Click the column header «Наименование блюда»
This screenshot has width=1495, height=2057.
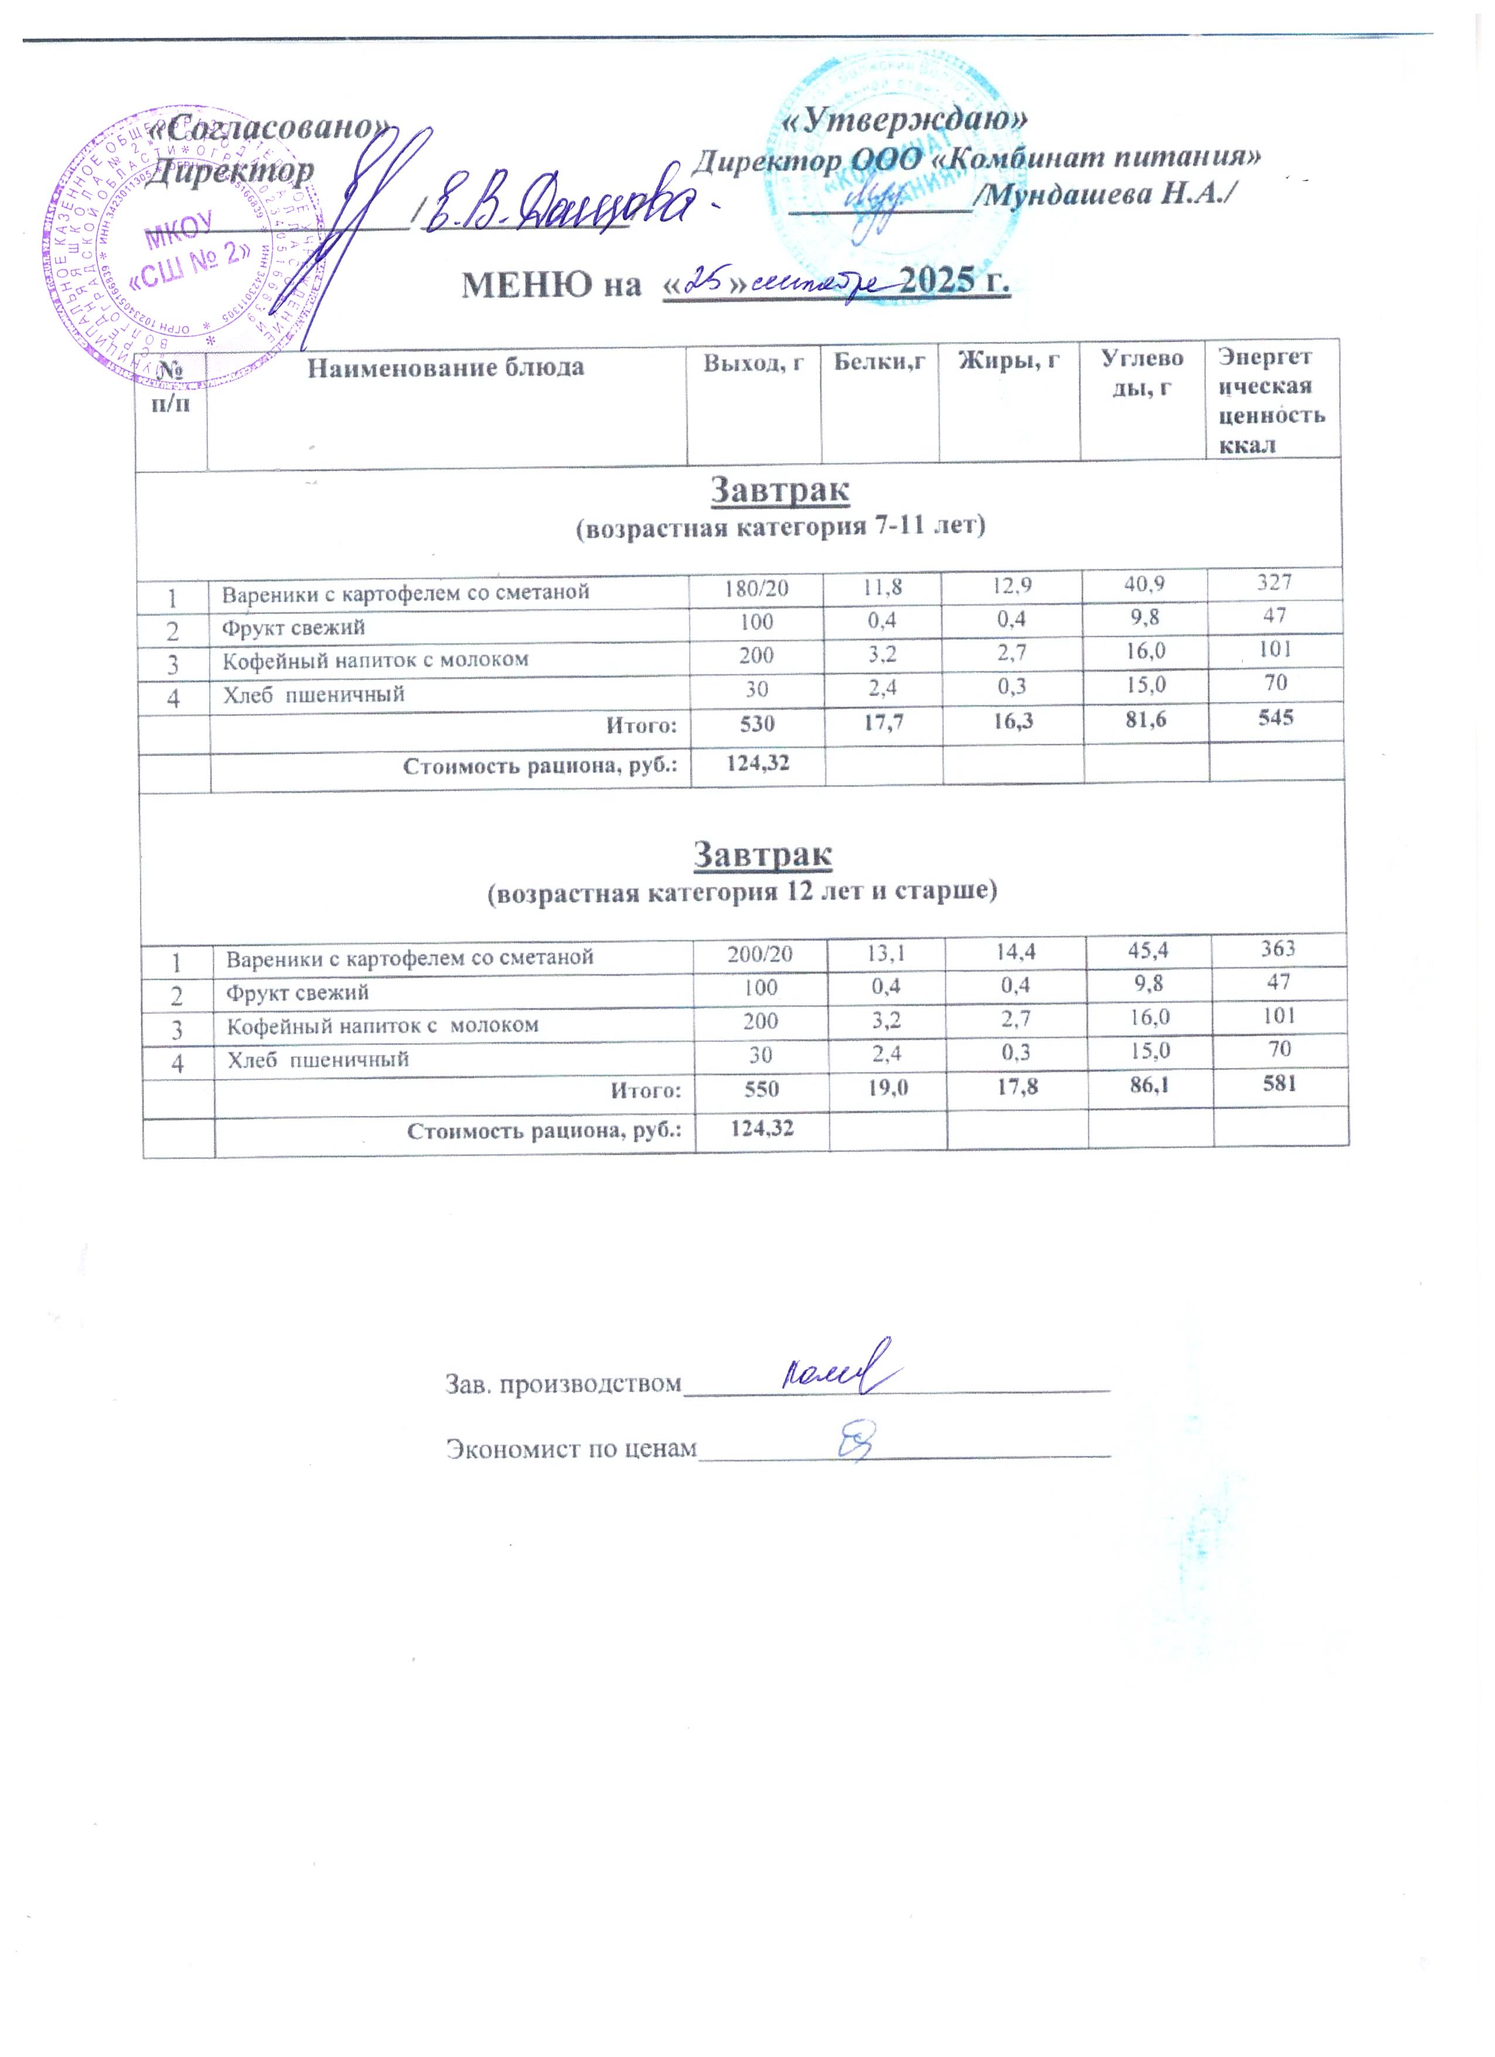[x=445, y=368]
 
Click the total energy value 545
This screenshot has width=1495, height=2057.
[x=1275, y=717]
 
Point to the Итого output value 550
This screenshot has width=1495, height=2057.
[x=762, y=1088]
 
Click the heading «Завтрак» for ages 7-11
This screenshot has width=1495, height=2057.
[x=780, y=491]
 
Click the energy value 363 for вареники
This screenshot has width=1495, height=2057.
[x=1278, y=948]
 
